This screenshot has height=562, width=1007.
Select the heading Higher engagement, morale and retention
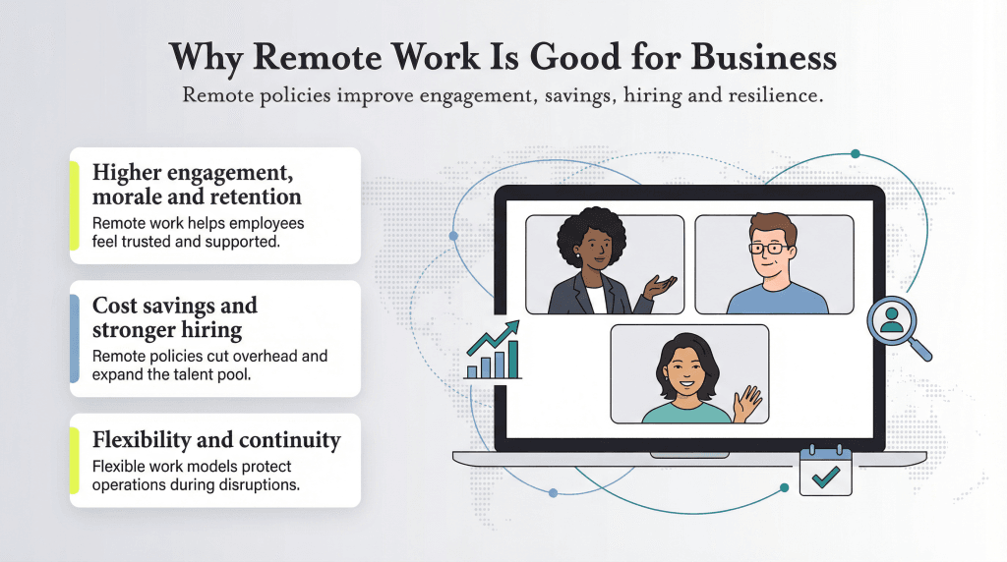point(197,184)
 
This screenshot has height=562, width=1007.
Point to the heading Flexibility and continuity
point(216,439)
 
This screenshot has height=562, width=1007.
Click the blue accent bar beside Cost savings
point(75,338)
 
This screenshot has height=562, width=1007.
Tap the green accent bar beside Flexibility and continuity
point(75,461)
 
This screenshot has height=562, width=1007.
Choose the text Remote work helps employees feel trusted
point(198,232)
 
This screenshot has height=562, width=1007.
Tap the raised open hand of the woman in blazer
point(661,287)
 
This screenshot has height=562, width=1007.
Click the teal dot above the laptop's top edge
point(856,154)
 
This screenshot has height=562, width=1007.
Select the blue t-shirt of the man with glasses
point(777,299)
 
